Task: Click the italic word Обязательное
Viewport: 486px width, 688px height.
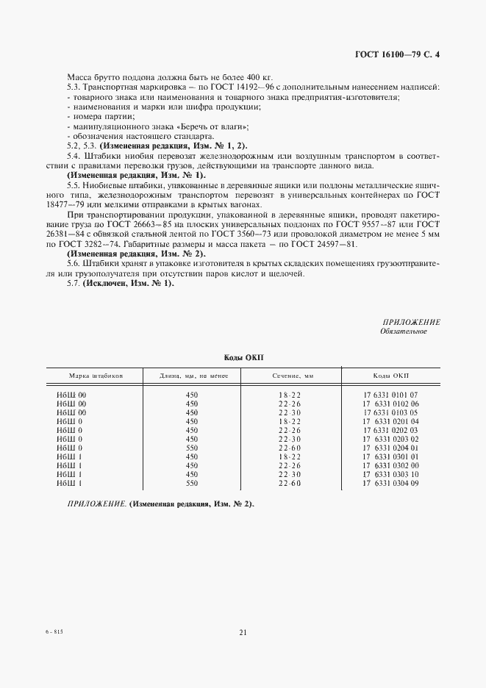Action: pyautogui.click(x=403, y=332)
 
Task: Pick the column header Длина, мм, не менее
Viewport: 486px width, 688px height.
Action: pyautogui.click(x=193, y=376)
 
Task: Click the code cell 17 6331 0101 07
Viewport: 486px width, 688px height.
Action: pyautogui.click(x=390, y=395)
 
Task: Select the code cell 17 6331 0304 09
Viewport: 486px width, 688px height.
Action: pyautogui.click(x=390, y=483)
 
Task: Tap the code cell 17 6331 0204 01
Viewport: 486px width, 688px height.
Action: pyautogui.click(x=390, y=447)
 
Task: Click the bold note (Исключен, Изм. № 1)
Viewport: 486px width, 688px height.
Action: pyautogui.click(x=127, y=283)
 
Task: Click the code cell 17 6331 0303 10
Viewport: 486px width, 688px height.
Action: pyautogui.click(x=390, y=474)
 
